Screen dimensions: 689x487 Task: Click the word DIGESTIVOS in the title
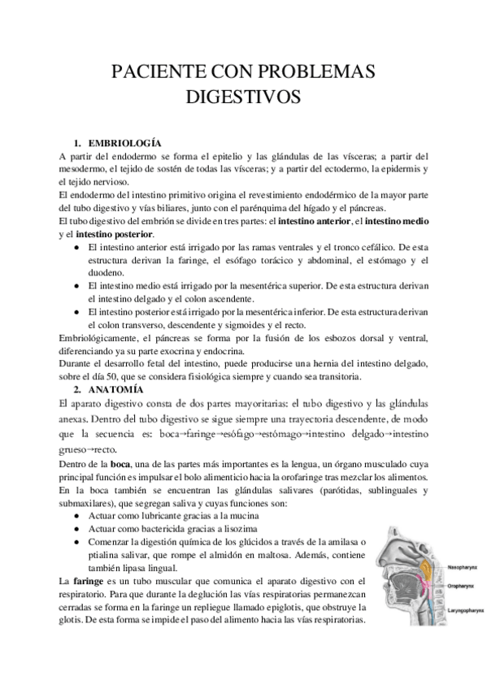tap(244, 98)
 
